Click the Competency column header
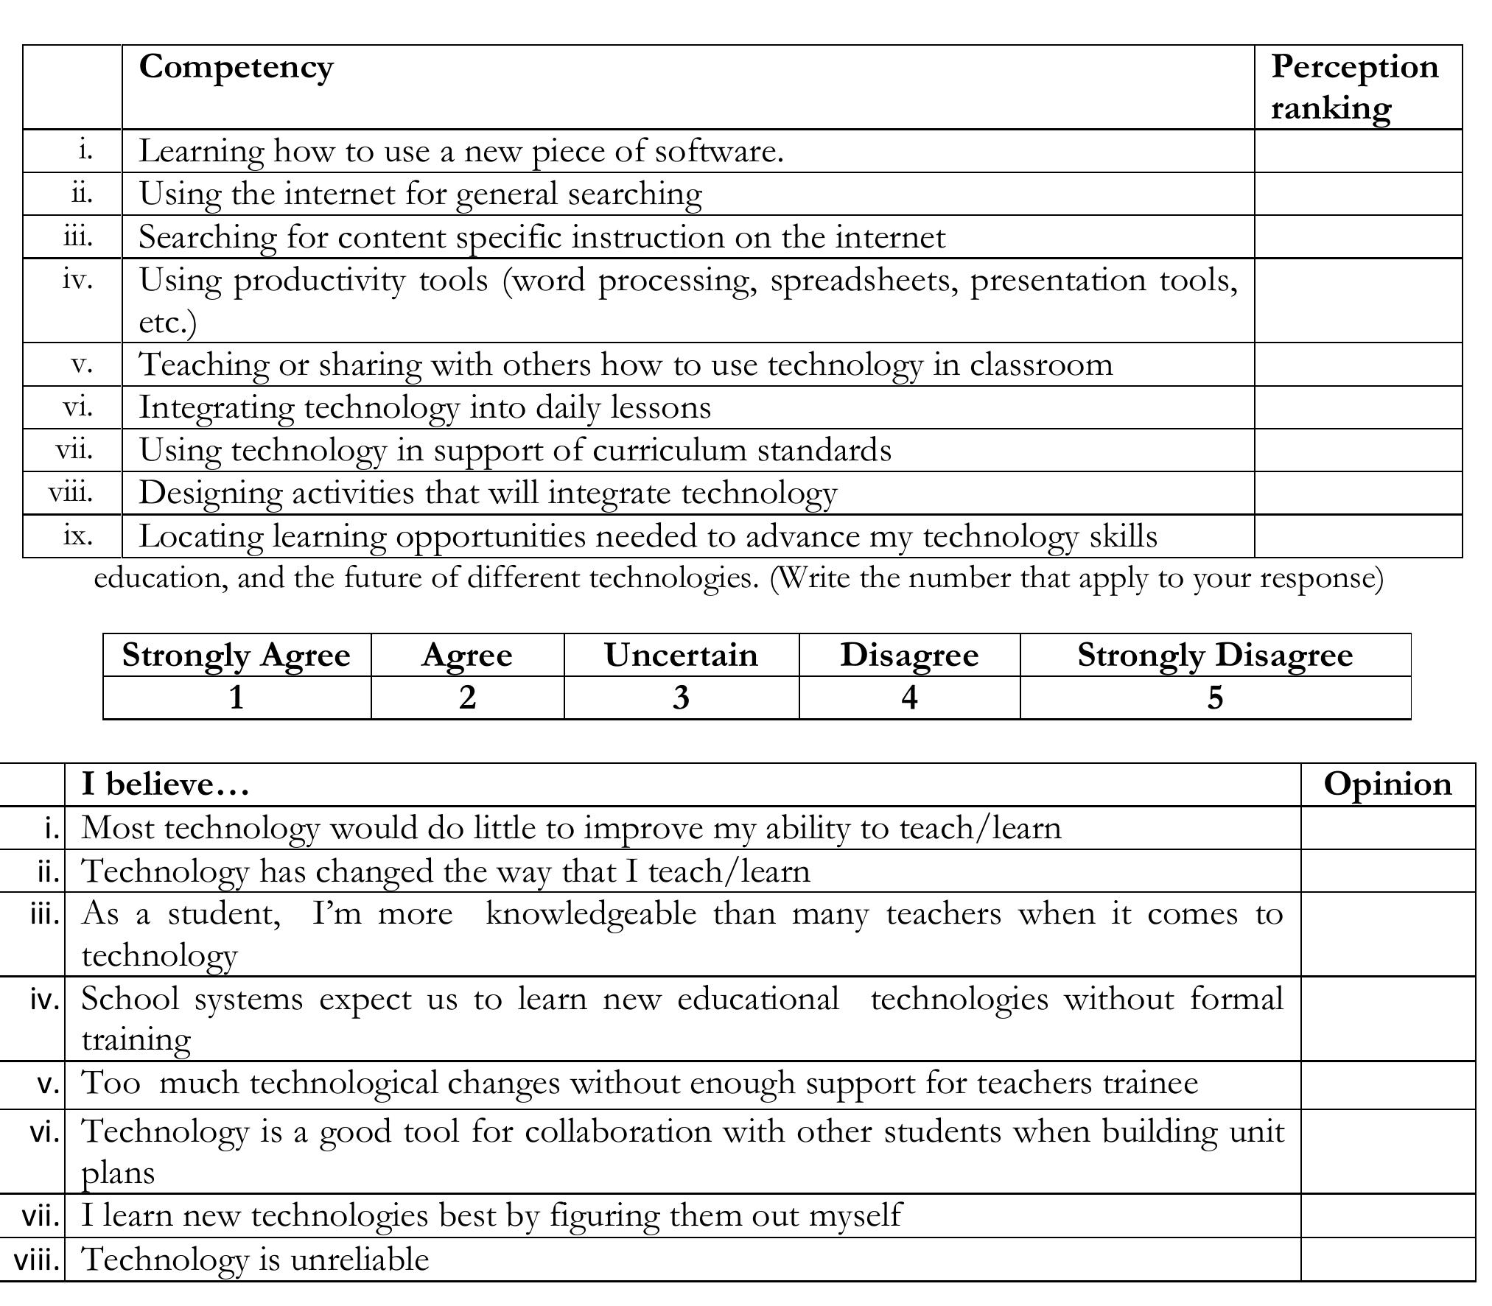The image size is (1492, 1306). tap(236, 68)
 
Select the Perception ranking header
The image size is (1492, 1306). tap(1354, 87)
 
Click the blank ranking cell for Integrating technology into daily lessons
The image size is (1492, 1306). tap(1358, 407)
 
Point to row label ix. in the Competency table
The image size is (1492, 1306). tap(78, 536)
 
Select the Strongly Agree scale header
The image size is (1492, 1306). tap(236, 655)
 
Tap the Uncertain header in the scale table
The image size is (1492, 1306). tap(681, 655)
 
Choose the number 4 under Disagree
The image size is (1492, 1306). tap(909, 697)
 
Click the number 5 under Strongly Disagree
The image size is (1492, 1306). tap(1215, 697)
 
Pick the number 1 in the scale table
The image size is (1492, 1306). tap(236, 697)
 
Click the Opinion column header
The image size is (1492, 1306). tap(1387, 784)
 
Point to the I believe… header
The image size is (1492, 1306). tap(166, 784)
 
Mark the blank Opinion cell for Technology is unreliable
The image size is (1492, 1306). tap(1387, 1259)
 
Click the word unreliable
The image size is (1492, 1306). tap(360, 1259)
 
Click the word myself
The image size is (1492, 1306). tap(855, 1215)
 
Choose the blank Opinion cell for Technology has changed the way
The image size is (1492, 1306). tap(1387, 871)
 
